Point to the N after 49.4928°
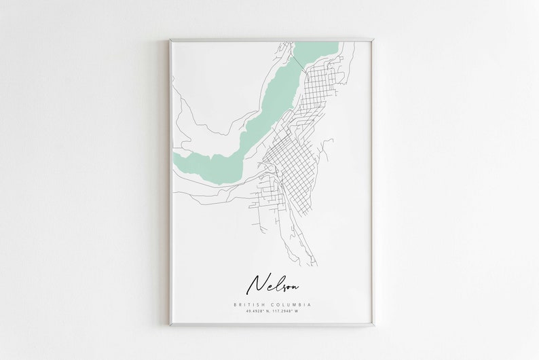pos(265,312)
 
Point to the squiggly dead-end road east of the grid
pos(327,146)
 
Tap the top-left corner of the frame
pos(170,40)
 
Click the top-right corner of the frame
pos(371,40)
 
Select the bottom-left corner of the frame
pos(170,325)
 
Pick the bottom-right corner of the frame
pos(371,325)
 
